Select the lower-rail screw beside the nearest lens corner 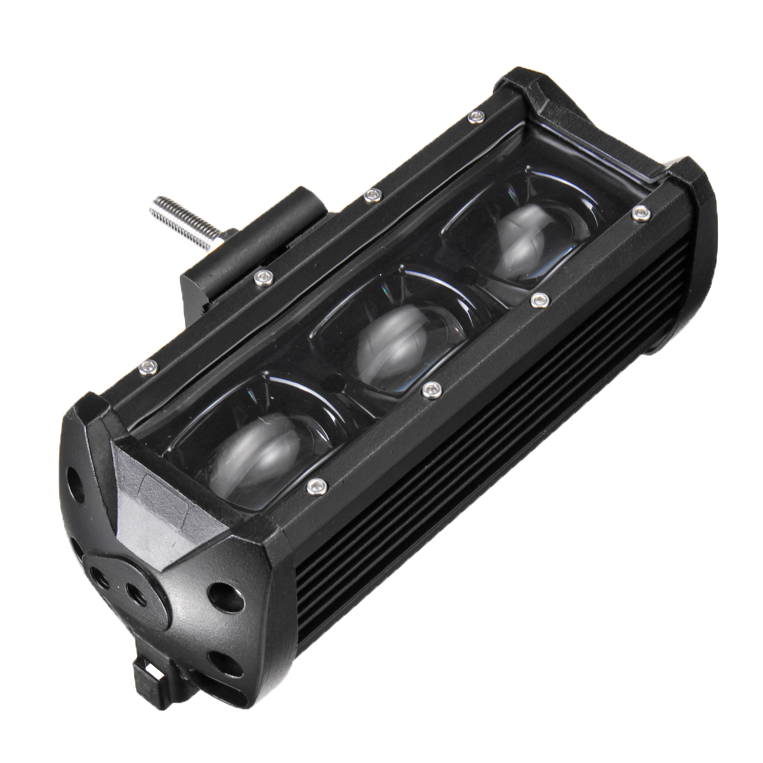point(316,486)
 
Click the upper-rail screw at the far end point(472,115)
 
